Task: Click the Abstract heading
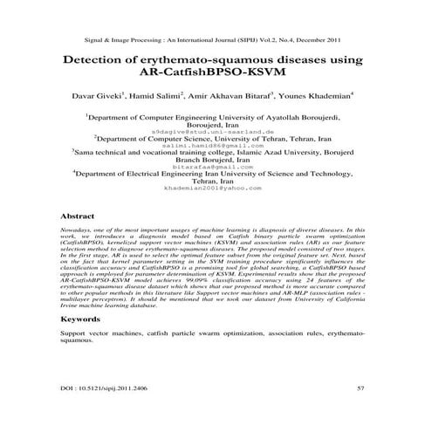coord(74,215)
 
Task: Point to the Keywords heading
coord(79,319)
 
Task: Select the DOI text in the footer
coord(102,385)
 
